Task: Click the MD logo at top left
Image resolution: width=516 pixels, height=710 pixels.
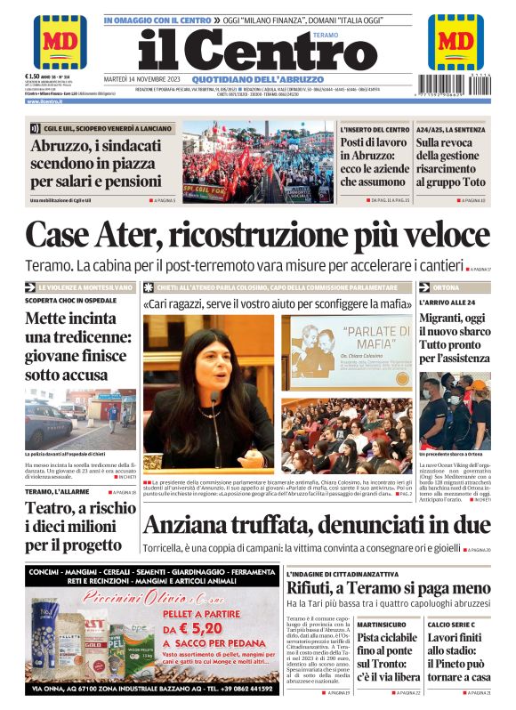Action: coord(60,42)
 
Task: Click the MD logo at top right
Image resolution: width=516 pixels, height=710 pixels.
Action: coord(456,42)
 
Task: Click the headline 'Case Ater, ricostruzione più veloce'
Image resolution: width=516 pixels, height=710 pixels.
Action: coord(258,235)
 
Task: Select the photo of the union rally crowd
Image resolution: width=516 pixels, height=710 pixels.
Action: coord(256,162)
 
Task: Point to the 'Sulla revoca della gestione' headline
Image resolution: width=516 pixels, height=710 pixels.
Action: coord(453,162)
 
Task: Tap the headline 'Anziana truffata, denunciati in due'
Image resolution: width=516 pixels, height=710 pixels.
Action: coord(317,526)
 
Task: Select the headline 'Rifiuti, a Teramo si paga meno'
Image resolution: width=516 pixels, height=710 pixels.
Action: coord(388,588)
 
